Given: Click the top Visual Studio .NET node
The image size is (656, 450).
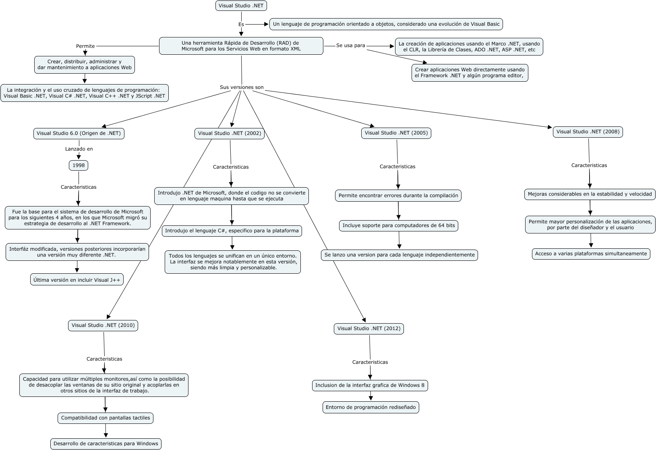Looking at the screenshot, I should (241, 6).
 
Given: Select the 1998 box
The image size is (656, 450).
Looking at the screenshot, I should (79, 165).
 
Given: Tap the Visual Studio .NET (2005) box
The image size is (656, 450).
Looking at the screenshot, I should (396, 133).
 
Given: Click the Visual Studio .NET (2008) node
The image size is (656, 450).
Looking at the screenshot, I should (588, 132).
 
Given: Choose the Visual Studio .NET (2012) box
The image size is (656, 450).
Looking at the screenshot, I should (369, 328).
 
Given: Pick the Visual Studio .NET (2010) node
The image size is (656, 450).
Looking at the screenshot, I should (103, 325).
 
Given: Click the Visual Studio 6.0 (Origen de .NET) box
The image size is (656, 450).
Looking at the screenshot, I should (79, 133).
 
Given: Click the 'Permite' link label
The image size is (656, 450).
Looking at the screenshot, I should (85, 46).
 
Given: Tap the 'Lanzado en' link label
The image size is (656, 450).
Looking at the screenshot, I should (79, 149).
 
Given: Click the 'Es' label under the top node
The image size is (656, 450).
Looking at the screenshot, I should (241, 24).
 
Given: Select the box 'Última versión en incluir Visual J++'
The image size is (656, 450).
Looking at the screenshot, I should (77, 280).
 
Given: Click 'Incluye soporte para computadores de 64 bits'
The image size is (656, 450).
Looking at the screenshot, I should (399, 225).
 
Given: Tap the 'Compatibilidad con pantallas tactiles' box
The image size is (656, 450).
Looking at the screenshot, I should (106, 418).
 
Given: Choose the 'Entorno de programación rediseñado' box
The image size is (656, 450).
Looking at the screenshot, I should (370, 407).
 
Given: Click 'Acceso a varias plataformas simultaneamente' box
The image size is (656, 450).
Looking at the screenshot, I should (591, 254).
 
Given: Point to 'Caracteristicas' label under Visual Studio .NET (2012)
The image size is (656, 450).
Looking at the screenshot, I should (370, 362).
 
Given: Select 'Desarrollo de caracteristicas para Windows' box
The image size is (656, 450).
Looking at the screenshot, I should (106, 444).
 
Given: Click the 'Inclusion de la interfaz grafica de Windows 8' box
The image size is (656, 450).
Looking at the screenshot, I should (370, 385).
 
